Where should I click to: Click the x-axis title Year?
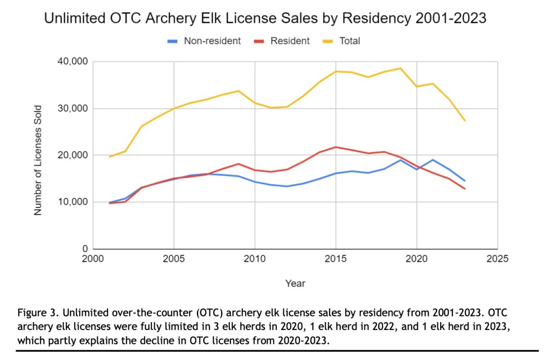295,283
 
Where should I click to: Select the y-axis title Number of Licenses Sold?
37,155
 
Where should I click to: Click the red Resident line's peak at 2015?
336,147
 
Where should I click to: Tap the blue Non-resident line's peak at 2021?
433,160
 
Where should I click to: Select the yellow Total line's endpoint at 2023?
465,120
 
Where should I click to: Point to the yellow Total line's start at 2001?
109,157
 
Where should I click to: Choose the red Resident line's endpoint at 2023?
465,189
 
